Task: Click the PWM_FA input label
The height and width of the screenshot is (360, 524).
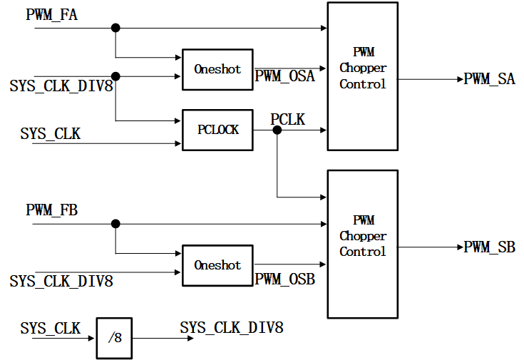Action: (x=52, y=14)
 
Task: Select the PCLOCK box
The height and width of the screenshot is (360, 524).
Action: (x=217, y=130)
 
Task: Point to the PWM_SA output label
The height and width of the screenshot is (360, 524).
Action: (x=489, y=79)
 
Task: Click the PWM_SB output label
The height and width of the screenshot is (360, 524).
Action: (x=489, y=247)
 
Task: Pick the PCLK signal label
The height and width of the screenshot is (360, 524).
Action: (x=287, y=120)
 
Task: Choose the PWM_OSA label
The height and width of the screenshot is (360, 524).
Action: (x=284, y=76)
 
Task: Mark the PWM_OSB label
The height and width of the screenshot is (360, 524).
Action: (x=284, y=279)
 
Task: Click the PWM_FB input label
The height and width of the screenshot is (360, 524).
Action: (x=52, y=210)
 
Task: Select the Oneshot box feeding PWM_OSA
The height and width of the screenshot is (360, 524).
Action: (x=217, y=70)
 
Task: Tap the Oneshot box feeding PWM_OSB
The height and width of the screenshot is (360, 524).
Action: (x=217, y=265)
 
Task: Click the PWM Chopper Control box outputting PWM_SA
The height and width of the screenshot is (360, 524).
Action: (x=362, y=76)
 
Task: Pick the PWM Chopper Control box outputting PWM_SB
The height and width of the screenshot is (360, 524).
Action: (x=362, y=244)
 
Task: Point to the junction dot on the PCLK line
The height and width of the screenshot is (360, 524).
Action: (x=277, y=130)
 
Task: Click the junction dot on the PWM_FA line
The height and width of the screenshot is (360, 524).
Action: (x=115, y=28)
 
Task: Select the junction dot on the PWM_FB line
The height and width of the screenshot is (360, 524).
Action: (x=115, y=224)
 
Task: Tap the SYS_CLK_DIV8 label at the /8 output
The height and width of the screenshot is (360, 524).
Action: (x=232, y=328)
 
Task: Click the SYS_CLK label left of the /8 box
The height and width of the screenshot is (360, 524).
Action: (x=50, y=328)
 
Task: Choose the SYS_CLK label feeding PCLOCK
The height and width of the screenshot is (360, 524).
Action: (x=50, y=133)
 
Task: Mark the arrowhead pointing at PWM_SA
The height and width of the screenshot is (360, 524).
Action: (x=460, y=79)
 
